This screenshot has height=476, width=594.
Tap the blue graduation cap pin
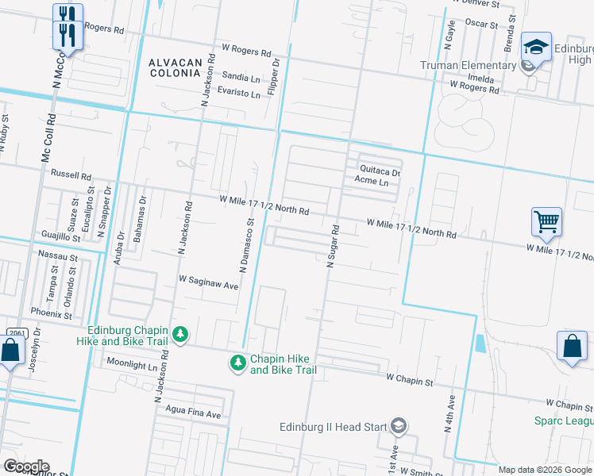(536, 47)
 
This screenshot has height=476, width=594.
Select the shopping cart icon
(547, 222)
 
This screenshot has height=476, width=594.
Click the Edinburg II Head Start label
(333, 427)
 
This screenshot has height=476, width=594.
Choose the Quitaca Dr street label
(380, 170)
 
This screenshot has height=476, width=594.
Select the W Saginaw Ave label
(209, 282)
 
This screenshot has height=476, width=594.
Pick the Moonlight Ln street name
(132, 365)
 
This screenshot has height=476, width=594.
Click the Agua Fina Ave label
(191, 414)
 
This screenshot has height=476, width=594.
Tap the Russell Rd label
(71, 175)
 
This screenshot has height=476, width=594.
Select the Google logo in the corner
(25, 466)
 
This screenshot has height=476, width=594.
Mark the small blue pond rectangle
(480, 344)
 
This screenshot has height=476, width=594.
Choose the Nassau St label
(58, 257)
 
